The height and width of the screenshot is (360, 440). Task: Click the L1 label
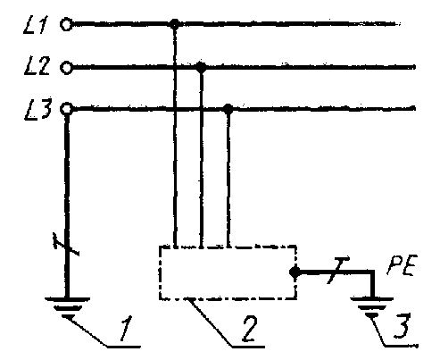(36, 24)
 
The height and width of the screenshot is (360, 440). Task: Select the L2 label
(37, 65)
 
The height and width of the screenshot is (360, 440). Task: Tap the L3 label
(37, 109)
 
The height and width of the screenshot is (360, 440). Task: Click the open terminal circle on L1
(66, 24)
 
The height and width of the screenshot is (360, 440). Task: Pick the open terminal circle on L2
(66, 68)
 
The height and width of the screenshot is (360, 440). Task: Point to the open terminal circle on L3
(66, 109)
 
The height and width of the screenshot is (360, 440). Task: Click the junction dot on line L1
(175, 24)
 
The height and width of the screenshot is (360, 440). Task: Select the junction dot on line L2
(202, 67)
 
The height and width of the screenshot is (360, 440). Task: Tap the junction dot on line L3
(228, 109)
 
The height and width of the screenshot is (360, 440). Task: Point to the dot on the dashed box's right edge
(295, 272)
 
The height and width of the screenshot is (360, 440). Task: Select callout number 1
(126, 328)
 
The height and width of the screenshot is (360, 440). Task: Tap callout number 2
(249, 329)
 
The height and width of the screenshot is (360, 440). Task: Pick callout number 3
(403, 325)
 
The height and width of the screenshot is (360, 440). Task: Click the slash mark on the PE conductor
(337, 271)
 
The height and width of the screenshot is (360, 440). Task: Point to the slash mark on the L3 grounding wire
(66, 245)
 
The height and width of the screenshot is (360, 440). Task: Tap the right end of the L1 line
(399, 24)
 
